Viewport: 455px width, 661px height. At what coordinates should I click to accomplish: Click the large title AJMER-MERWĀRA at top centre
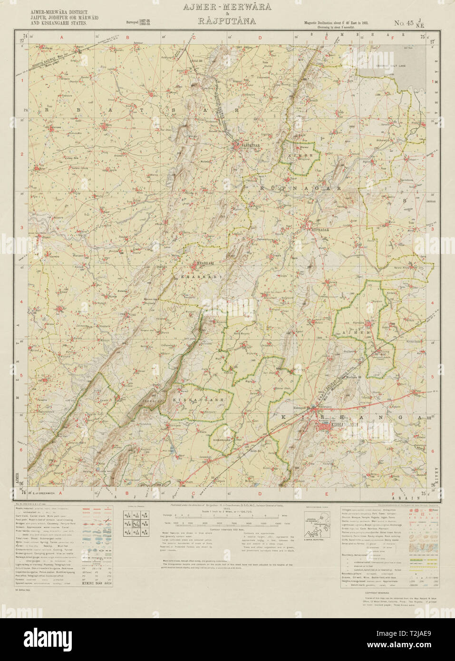pyautogui.click(x=227, y=7)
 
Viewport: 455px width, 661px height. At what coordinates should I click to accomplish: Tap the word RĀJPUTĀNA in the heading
pyautogui.click(x=227, y=21)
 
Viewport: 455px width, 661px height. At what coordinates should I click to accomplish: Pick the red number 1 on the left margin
pyautogui.click(x=21, y=80)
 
